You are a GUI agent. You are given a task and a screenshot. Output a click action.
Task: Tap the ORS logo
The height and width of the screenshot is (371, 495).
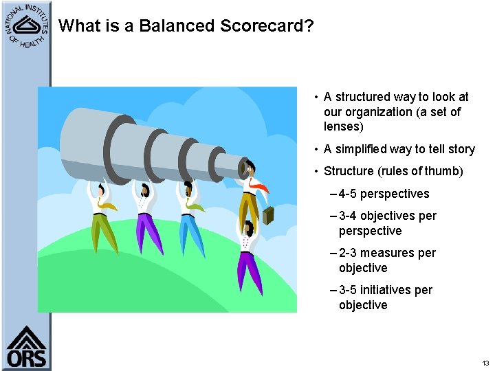[26, 347]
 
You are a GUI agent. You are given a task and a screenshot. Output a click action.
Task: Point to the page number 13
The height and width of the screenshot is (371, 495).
[485, 363]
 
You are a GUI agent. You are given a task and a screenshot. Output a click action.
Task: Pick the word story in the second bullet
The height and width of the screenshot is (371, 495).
[460, 149]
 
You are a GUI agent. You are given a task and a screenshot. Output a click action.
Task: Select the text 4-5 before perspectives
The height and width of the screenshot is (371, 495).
[349, 194]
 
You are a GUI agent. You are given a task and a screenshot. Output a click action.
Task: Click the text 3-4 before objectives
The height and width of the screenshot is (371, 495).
[349, 216]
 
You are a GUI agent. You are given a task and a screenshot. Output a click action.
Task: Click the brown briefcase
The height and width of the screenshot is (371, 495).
[267, 215]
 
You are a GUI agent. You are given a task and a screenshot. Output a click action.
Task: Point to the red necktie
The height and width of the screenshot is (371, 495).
[258, 184]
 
